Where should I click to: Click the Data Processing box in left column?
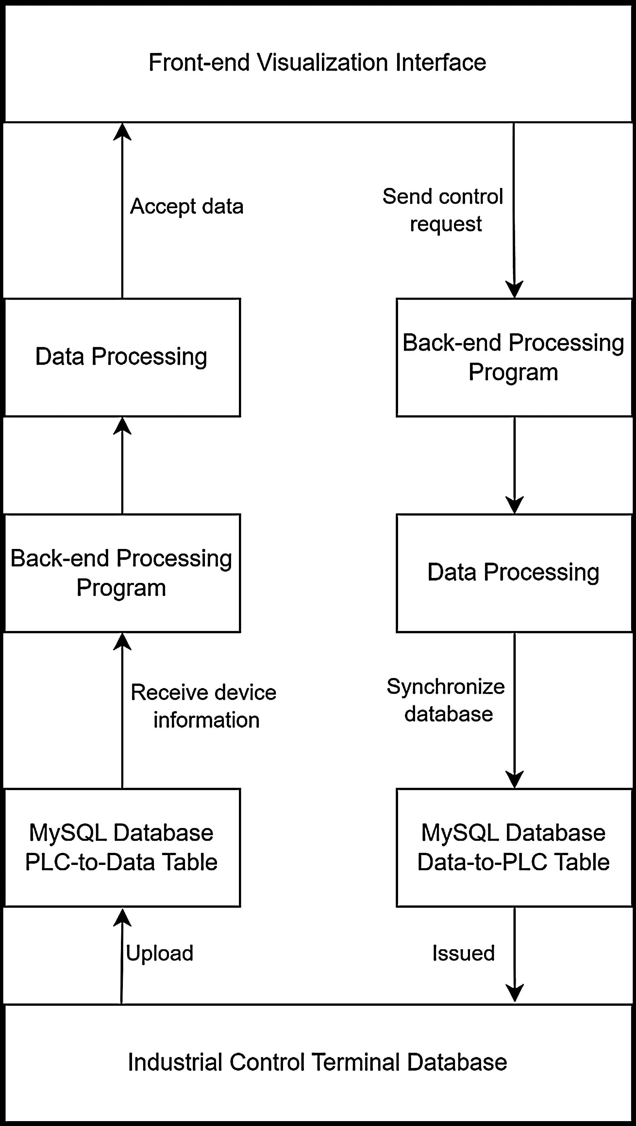[x=122, y=357]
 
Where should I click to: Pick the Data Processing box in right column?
[x=514, y=572]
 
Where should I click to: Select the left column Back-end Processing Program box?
[x=122, y=572]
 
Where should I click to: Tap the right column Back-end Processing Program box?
[x=514, y=357]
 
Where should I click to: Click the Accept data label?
[x=187, y=206]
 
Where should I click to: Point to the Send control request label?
[x=443, y=210]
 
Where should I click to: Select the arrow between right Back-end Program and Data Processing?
[x=514, y=466]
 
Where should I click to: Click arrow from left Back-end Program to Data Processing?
[x=122, y=466]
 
